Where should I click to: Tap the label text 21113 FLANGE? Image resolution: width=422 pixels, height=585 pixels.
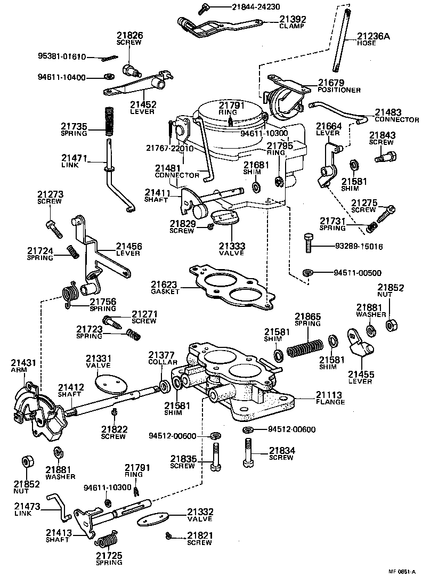[330, 398]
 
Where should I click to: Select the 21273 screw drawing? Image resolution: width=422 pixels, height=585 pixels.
[54, 228]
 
